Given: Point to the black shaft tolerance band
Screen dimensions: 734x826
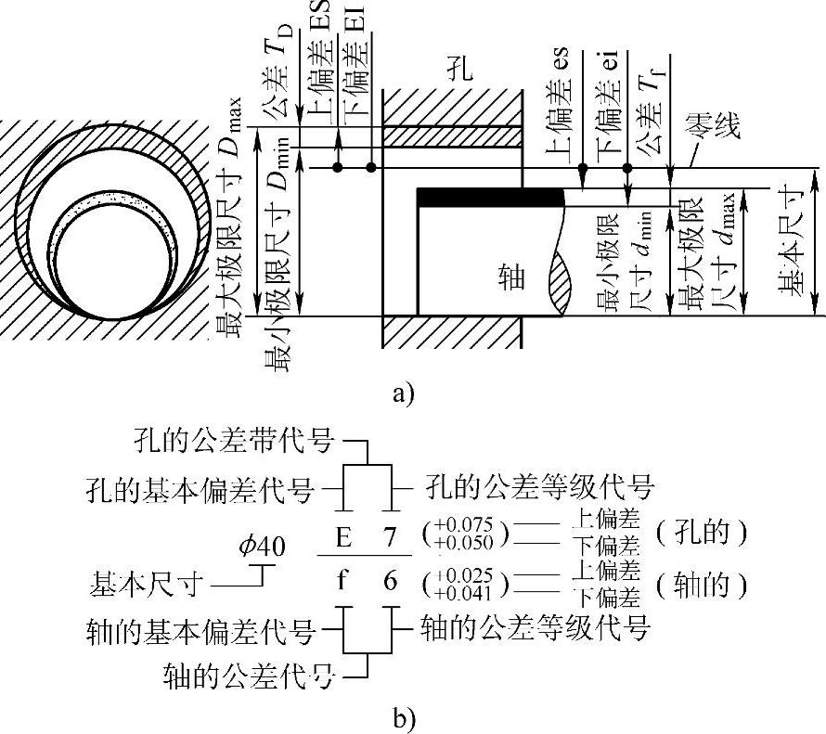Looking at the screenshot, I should coord(491,198).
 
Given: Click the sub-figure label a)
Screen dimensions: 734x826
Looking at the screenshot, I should coord(401,394).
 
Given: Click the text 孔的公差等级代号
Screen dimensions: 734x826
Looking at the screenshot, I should coord(540,485).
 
